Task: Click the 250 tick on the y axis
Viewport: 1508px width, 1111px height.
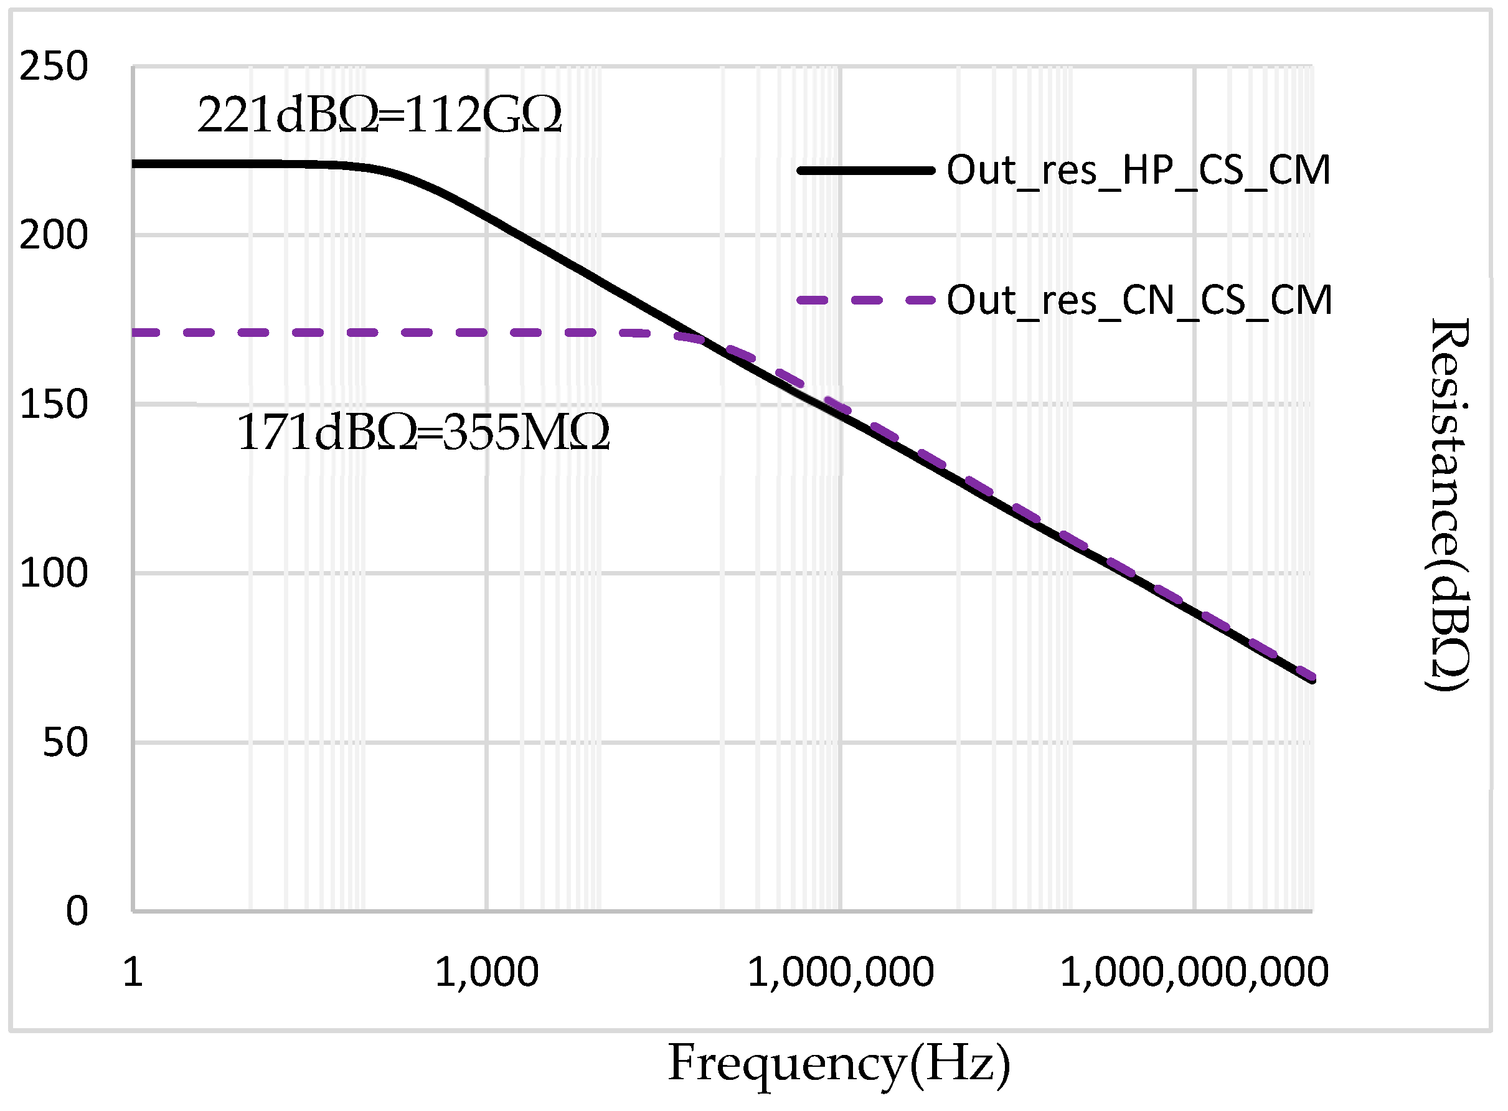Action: (54, 67)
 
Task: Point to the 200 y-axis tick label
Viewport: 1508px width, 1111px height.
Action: (54, 235)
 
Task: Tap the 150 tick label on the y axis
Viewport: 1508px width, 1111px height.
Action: (54, 404)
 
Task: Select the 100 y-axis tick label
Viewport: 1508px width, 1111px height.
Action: (54, 573)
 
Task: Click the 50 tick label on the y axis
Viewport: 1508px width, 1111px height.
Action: (65, 742)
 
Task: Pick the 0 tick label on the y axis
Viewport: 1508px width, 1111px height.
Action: (77, 911)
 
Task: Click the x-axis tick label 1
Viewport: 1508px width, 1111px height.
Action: (133, 973)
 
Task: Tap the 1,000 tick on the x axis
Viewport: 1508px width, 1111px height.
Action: (486, 973)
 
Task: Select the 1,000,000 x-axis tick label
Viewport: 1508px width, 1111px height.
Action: (840, 973)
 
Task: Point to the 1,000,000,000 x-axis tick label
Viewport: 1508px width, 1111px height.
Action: (1194, 973)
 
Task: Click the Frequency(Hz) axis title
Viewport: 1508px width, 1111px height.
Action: (839, 1064)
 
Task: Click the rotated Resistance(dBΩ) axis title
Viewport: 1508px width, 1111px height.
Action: (1449, 504)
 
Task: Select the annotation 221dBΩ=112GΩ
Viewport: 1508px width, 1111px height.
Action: (379, 115)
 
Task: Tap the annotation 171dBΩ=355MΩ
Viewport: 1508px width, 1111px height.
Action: (423, 432)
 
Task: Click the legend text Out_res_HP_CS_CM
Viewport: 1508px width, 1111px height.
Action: (1138, 170)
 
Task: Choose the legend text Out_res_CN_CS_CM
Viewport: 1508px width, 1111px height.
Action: (1139, 300)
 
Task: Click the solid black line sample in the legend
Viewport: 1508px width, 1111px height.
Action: (865, 171)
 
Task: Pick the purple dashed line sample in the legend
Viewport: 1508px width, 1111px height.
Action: (865, 300)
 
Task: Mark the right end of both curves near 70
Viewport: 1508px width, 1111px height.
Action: (1311, 679)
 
